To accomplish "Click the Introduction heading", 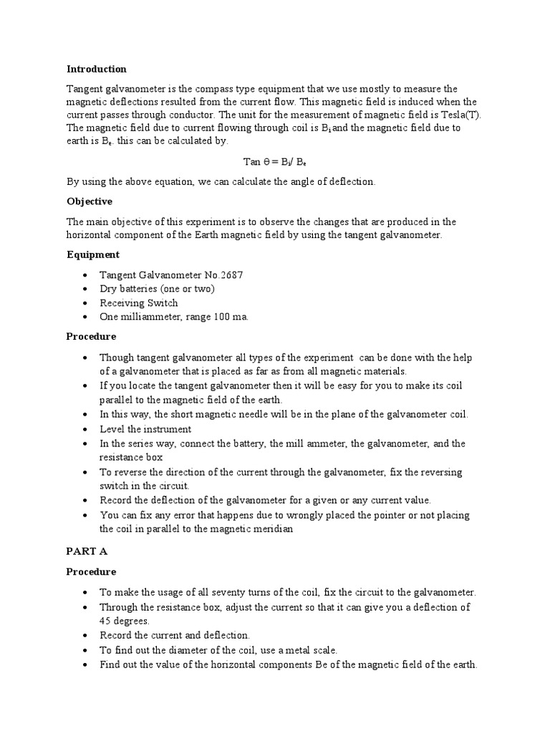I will (96, 70).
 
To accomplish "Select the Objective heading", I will (90, 201).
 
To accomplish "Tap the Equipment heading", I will (93, 254).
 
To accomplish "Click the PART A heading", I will (87, 551).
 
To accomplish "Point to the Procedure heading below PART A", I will (91, 572).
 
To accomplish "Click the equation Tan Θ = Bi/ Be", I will (275, 162).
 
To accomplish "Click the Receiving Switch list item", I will (139, 302).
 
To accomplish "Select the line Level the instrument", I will (145, 429).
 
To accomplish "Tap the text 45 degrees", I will (125, 621).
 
